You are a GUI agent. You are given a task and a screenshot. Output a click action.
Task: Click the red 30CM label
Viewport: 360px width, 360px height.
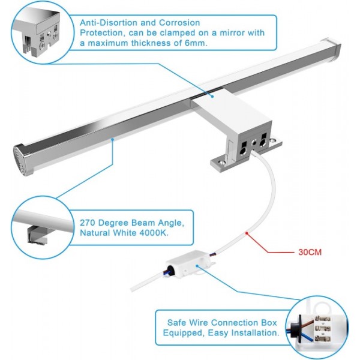[x=310, y=252]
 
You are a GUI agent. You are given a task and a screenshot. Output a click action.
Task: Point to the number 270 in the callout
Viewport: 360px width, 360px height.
[x=88, y=223]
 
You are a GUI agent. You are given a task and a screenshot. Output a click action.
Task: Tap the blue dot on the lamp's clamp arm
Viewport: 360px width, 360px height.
[x=212, y=97]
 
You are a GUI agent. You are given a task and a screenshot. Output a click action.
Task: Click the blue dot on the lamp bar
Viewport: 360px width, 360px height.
[x=113, y=139]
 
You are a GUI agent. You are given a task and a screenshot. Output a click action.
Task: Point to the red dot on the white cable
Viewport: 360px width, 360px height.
[x=247, y=233]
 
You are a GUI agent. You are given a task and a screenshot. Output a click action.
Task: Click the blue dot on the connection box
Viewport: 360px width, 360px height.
[x=197, y=266]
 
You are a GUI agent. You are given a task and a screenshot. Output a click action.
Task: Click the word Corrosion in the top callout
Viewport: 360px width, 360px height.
[x=179, y=23]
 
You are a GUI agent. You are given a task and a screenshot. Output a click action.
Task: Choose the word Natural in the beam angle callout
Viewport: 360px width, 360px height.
[x=95, y=233]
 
